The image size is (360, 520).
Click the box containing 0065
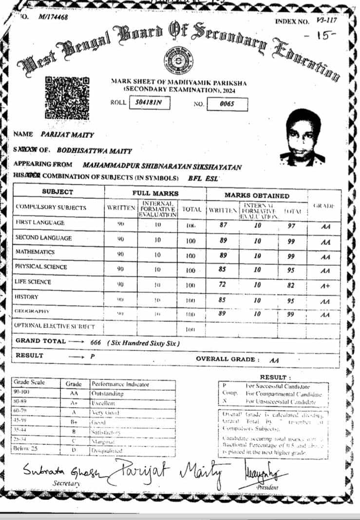tap(227, 104)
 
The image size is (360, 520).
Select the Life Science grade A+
tap(325, 287)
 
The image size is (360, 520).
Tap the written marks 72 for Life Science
tap(222, 286)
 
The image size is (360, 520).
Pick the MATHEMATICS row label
tap(35, 252)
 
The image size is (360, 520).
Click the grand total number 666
tap(95, 343)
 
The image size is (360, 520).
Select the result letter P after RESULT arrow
tap(92, 357)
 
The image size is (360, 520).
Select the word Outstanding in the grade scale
tap(107, 393)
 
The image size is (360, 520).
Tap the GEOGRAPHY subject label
tap(33, 311)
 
